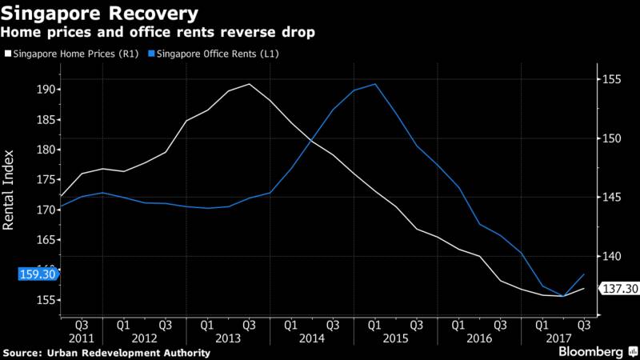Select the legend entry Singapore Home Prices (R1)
coord(72,54)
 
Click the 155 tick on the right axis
coord(611,80)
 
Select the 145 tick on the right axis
coord(611,198)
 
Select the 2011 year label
coord(82,338)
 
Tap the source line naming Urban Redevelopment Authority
coord(107,353)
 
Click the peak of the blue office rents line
coord(374,84)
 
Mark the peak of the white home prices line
coord(249,84)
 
